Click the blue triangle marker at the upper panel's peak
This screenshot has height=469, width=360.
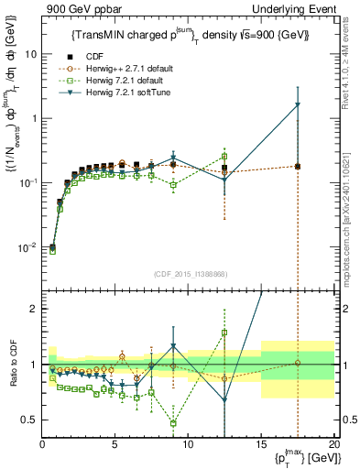coord(297,104)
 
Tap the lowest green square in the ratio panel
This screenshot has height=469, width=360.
coord(173,423)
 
